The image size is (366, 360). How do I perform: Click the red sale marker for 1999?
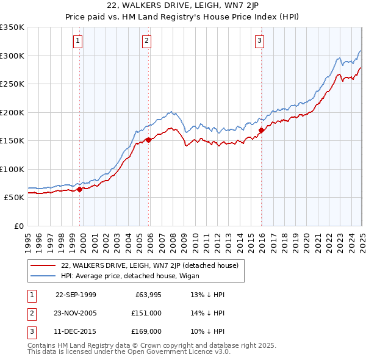pyautogui.click(x=80, y=189)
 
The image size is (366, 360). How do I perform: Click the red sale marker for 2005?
pyautogui.click(x=149, y=140)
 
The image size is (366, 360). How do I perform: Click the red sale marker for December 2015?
pyautogui.click(x=261, y=130)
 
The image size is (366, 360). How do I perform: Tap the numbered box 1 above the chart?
pyautogui.click(x=78, y=41)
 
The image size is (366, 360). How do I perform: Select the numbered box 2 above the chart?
pyautogui.click(x=147, y=41)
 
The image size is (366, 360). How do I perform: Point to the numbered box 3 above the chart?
pyautogui.click(x=259, y=41)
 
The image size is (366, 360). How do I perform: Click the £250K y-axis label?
pyautogui.click(x=12, y=84)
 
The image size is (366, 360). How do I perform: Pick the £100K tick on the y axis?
pyautogui.click(x=12, y=169)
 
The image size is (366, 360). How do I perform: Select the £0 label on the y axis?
pyautogui.click(x=19, y=226)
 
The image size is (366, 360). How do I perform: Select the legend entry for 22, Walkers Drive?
pyautogui.click(x=152, y=265)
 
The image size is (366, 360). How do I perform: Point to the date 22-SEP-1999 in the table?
pyautogui.click(x=76, y=295)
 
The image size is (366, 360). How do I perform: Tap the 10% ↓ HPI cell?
pyautogui.click(x=208, y=331)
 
